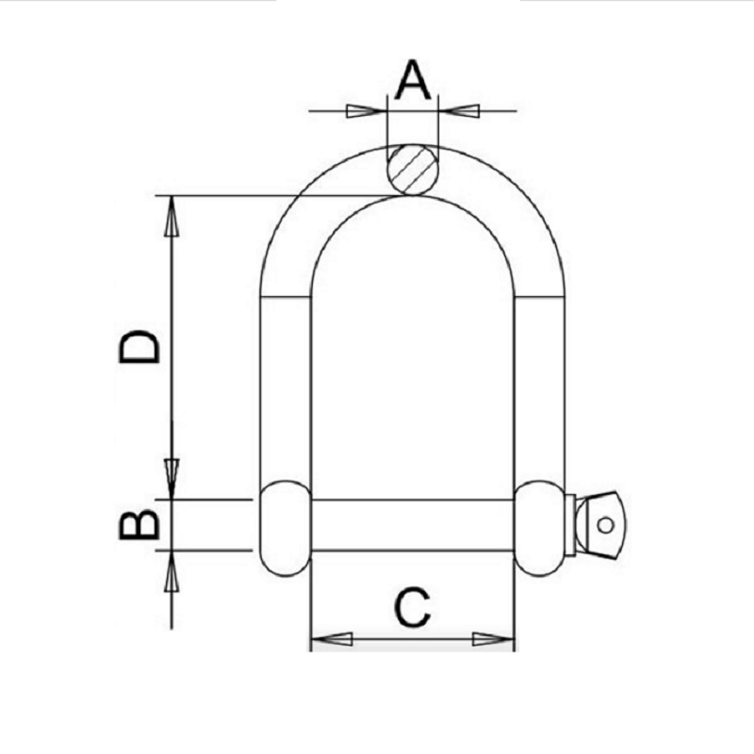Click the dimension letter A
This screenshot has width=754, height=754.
413,79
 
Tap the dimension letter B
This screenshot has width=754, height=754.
139,525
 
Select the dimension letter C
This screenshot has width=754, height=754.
412,608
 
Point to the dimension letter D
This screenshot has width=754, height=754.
140,347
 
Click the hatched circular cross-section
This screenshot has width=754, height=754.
414,170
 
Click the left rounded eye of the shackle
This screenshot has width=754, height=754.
285,527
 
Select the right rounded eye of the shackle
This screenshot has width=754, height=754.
540,527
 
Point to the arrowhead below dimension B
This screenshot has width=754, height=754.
172,571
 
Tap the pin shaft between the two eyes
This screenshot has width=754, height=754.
412,526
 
